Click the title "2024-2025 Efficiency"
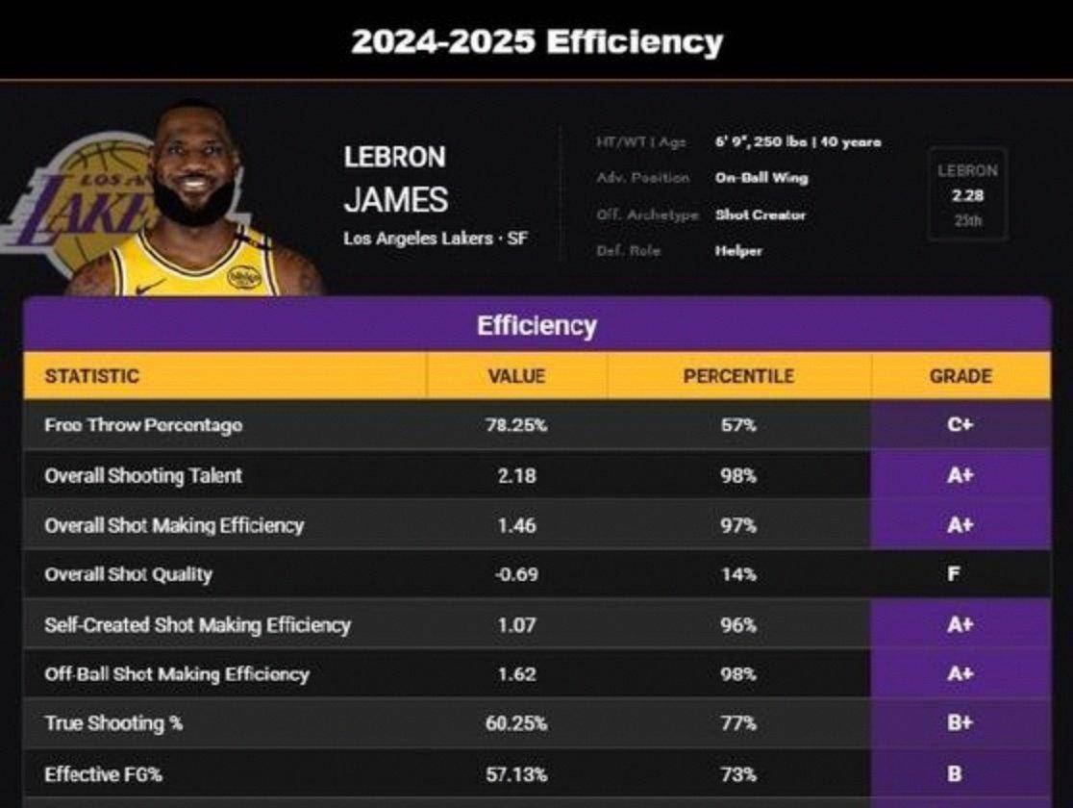[536, 41]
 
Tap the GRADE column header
[960, 376]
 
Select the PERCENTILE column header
[738, 376]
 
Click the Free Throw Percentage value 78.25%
[516, 425]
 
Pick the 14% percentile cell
[738, 575]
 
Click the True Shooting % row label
[113, 723]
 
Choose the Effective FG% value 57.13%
[516, 773]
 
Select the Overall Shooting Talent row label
[143, 475]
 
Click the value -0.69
[516, 575]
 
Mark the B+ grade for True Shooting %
[960, 723]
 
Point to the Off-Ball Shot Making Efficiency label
[177, 674]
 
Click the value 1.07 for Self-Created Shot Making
[516, 625]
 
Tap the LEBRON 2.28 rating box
[966, 195]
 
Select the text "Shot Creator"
[760, 215]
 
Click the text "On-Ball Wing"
[761, 178]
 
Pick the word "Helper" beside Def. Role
[738, 251]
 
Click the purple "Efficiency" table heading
[536, 326]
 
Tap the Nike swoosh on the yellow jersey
[150, 286]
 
